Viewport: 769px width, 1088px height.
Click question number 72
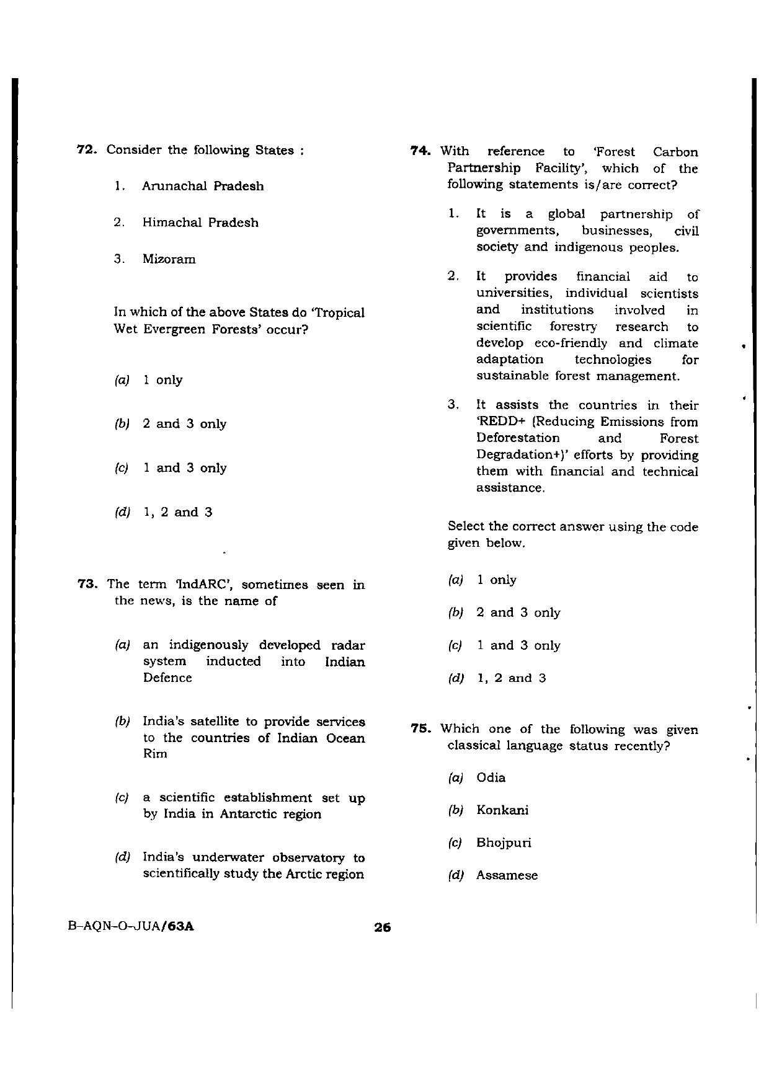click(87, 150)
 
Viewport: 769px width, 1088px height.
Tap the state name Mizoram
click(169, 259)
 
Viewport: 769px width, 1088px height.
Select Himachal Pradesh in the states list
click(200, 223)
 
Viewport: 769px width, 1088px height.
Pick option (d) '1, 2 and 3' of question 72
click(177, 512)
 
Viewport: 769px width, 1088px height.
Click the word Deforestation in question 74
click(518, 438)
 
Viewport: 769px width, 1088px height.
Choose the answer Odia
click(491, 777)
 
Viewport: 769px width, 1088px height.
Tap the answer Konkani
click(502, 810)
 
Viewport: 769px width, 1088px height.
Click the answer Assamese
click(507, 876)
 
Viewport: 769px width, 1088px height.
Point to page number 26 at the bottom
click(381, 928)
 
